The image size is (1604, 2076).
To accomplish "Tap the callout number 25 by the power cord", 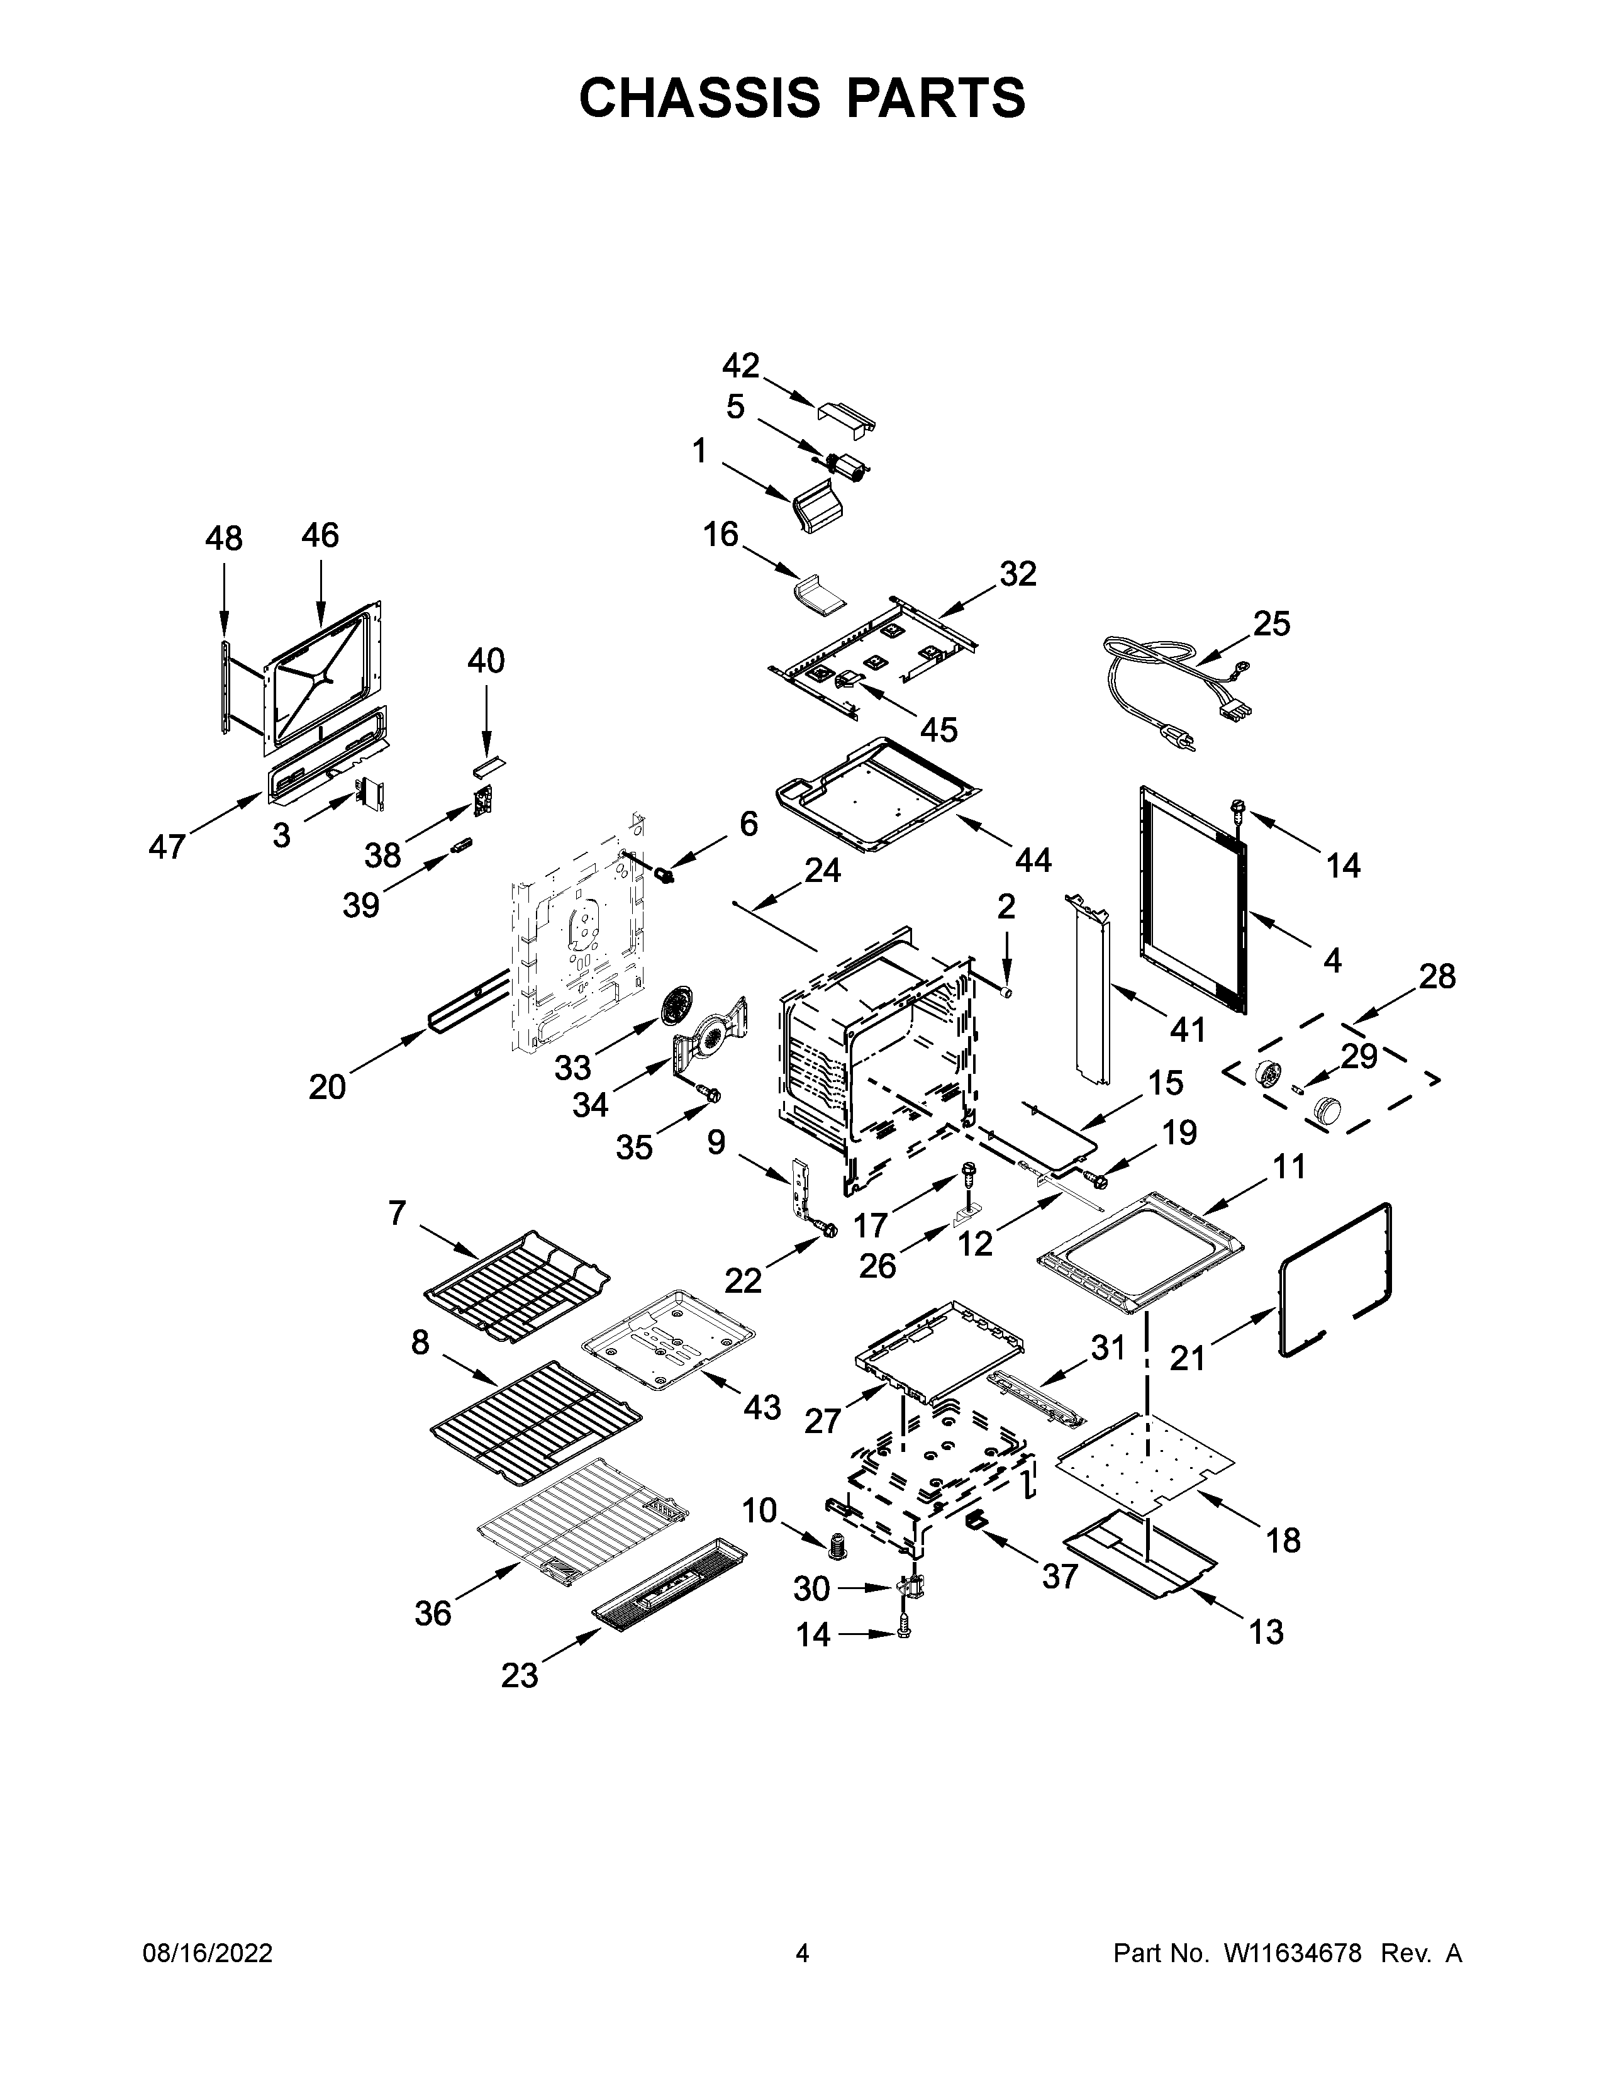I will pos(1271,623).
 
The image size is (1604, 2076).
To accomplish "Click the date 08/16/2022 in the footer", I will pos(207,1953).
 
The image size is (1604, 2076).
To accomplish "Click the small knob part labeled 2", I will pos(1007,992).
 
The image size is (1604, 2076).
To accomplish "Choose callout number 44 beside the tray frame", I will pos(1033,859).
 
